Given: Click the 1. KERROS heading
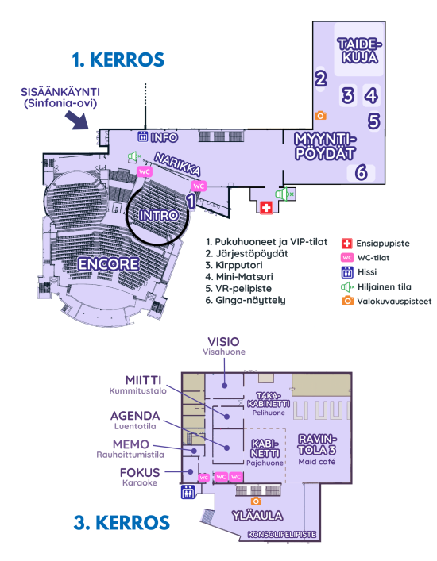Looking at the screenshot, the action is pos(118,60).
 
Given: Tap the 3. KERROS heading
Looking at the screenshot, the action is pos(122,522).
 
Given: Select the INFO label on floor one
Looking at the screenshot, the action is pos(164,137).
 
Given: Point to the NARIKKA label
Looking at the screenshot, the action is pos(177,164).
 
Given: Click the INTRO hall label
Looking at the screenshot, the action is pos(159,215).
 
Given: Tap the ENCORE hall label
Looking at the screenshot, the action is pos(109,264).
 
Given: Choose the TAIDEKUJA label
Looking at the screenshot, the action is pos(360,51).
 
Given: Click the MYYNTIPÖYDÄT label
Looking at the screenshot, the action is pos(325,146).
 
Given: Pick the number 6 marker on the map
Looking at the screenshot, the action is pos(362,172).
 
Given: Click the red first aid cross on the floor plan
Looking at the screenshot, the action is pos(266,208).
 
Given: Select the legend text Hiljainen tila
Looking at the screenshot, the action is pos(385,287).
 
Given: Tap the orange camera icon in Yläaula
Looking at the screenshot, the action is pos(256,501).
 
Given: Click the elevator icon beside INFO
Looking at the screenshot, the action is pos(142,136).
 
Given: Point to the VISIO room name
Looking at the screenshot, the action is pos(223,342).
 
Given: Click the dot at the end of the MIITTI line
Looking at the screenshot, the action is pos(226,417).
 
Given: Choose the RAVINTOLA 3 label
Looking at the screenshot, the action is pos(317,444).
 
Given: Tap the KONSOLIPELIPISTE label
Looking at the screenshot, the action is pos(282,535).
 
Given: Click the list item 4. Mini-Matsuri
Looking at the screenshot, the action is pos(239,277).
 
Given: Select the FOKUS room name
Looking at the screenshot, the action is pos(140,473).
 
